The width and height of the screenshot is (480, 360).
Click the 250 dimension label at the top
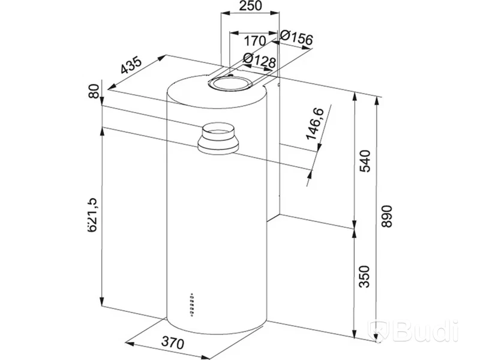click(x=250, y=6)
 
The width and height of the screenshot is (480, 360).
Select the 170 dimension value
click(x=255, y=41)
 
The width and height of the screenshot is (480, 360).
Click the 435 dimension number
click(x=131, y=65)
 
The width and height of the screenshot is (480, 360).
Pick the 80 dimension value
click(x=94, y=91)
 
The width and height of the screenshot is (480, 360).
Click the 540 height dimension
click(x=365, y=161)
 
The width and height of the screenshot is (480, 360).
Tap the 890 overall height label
click(x=386, y=217)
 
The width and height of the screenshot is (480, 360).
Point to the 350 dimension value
click(x=364, y=277)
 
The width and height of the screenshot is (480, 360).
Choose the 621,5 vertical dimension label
click(x=92, y=215)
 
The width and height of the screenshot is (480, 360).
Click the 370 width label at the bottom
click(x=172, y=343)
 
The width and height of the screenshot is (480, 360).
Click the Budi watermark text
click(x=425, y=331)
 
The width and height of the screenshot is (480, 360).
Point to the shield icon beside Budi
click(x=380, y=331)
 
